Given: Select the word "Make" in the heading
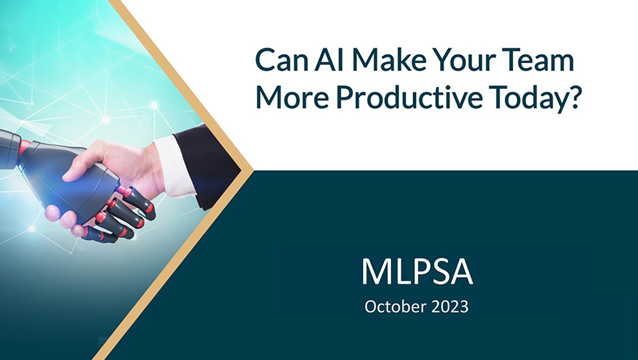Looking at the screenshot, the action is [389, 59].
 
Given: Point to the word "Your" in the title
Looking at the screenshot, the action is [462, 59].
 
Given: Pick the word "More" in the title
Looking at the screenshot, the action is [292, 97].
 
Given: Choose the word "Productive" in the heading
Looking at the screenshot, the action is [409, 97].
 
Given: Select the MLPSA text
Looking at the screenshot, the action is [417, 272].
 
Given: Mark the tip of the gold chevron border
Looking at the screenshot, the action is [253, 170].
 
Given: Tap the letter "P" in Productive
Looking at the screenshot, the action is [344, 97].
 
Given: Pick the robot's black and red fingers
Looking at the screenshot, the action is [120, 214].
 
